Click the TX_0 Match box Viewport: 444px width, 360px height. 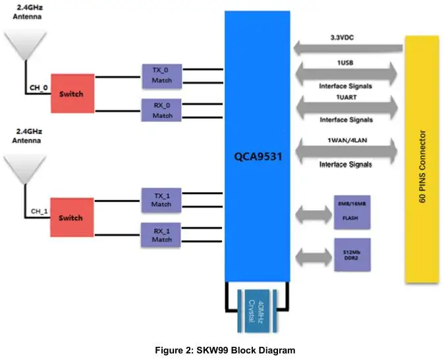[x=162, y=76]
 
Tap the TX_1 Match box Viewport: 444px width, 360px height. [x=162, y=199]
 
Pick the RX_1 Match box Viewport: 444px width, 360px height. [x=162, y=234]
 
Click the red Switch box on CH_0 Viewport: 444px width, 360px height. [x=71, y=93]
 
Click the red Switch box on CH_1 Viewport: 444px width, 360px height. [x=71, y=218]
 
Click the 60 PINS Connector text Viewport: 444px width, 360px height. [x=422, y=161]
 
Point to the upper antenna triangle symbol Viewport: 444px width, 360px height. [x=25, y=46]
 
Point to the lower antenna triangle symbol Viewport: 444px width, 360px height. [x=25, y=168]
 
